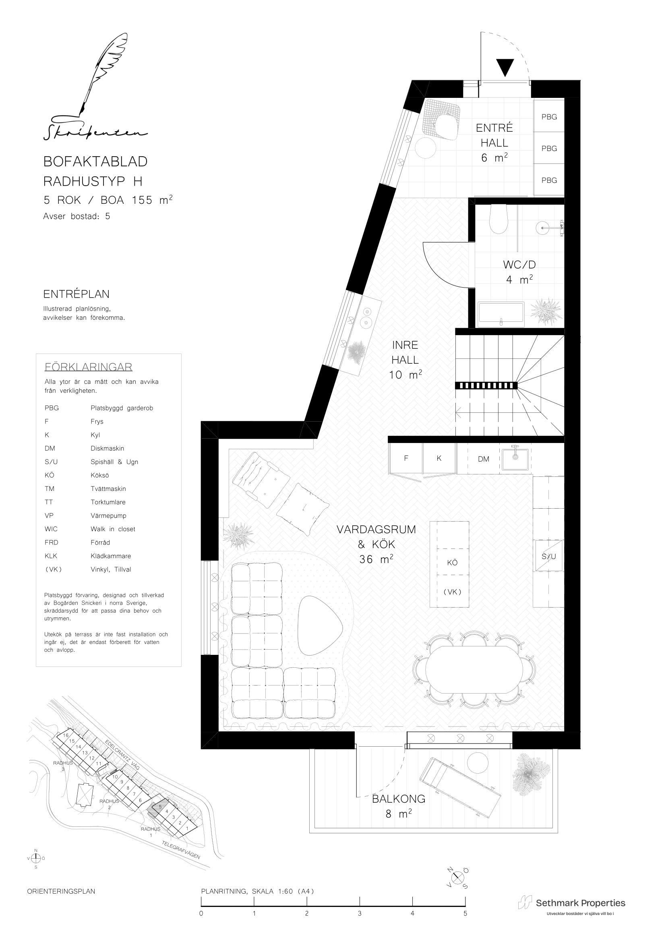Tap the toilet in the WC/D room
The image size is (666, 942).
(498, 219)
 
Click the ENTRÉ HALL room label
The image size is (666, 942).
(494, 135)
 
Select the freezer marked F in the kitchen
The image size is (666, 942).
(406, 458)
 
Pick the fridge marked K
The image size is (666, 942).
(439, 458)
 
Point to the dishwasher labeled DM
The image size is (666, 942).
(484, 459)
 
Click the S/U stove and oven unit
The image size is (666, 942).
(549, 556)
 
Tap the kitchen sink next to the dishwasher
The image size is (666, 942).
(515, 459)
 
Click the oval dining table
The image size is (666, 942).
(474, 670)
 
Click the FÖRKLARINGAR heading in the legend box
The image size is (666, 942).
(88, 367)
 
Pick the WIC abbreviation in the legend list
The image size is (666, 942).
(51, 529)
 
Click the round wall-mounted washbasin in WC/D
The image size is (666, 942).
(544, 227)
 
